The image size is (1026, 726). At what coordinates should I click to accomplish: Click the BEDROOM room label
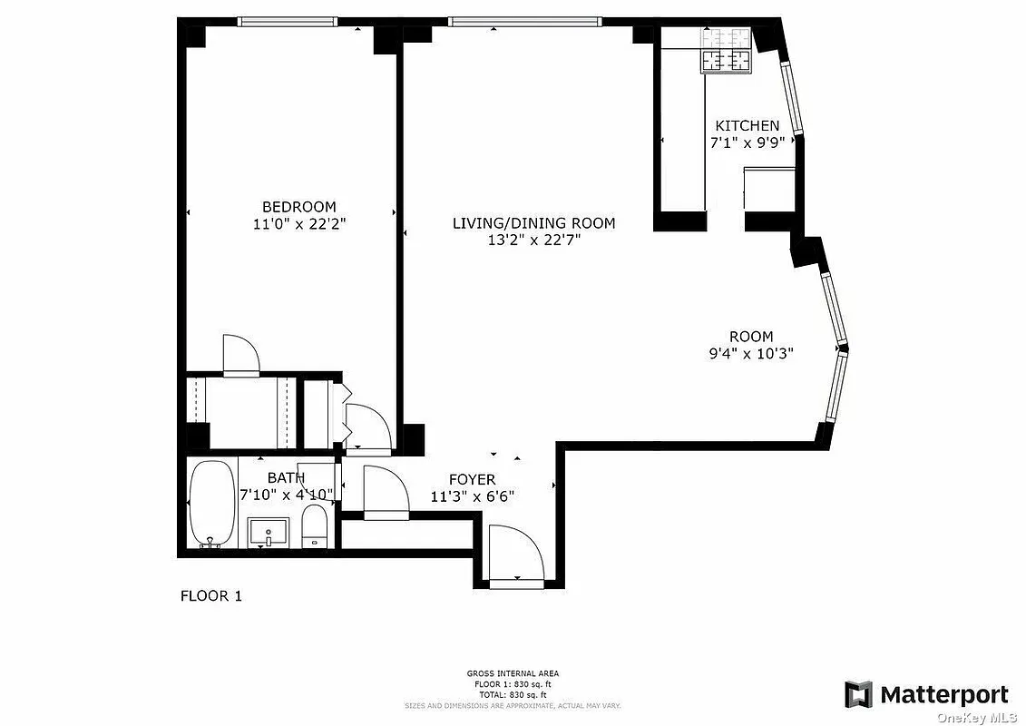pyautogui.click(x=299, y=207)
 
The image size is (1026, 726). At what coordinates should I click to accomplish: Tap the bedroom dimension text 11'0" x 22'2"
pyautogui.click(x=299, y=224)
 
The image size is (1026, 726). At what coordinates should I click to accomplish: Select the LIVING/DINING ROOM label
pyautogui.click(x=534, y=223)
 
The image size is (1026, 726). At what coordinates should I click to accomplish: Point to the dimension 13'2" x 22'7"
pyautogui.click(x=534, y=240)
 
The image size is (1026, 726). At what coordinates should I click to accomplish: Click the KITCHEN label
pyautogui.click(x=747, y=126)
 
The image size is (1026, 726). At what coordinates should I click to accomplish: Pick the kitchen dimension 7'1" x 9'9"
pyautogui.click(x=747, y=142)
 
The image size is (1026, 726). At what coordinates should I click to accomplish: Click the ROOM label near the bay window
pyautogui.click(x=751, y=337)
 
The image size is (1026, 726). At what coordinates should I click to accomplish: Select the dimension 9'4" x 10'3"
pyautogui.click(x=751, y=354)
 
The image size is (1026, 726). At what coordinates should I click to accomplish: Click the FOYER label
pyautogui.click(x=472, y=479)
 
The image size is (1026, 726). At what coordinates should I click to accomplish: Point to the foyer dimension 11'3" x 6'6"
pyautogui.click(x=472, y=496)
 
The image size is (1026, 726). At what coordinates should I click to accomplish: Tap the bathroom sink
pyautogui.click(x=269, y=532)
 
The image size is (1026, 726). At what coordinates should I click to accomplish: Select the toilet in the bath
pyautogui.click(x=314, y=526)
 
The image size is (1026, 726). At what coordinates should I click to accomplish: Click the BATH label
pyautogui.click(x=285, y=477)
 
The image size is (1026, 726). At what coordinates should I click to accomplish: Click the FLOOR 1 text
pyautogui.click(x=211, y=596)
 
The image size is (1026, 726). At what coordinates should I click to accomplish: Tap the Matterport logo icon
pyautogui.click(x=858, y=694)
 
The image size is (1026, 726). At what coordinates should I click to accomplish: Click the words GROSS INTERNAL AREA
pyautogui.click(x=513, y=673)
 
